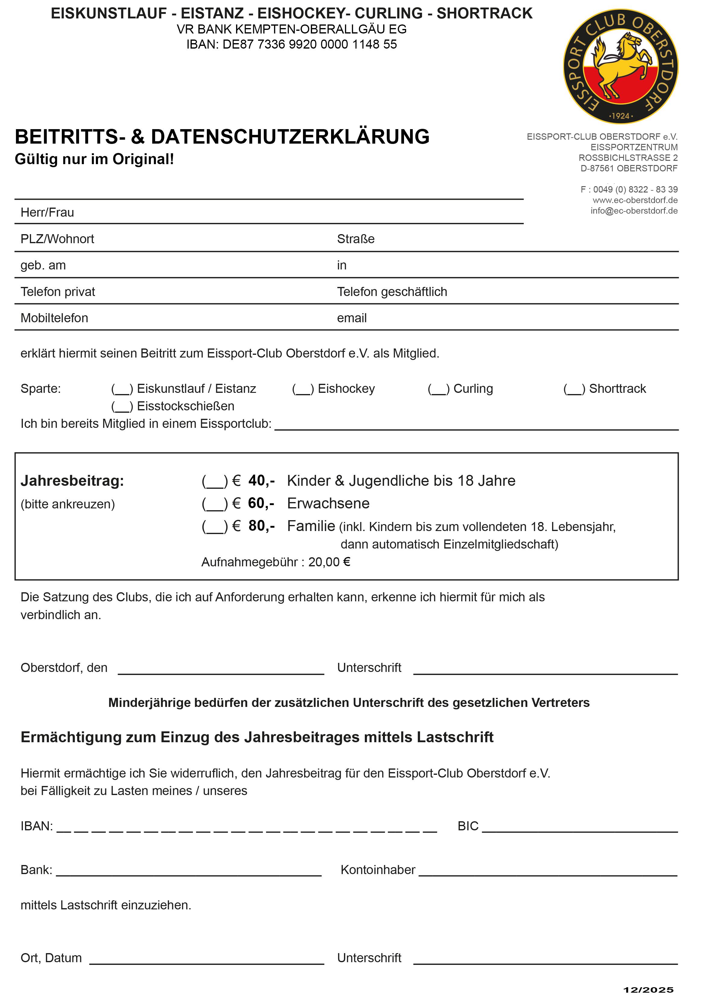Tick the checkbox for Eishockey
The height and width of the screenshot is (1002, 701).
[303, 389]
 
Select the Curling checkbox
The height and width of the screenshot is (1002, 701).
[438, 389]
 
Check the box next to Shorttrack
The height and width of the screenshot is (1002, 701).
[574, 389]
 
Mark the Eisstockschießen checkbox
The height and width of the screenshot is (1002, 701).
[122, 406]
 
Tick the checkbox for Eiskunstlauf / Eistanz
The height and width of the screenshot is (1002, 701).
[122, 389]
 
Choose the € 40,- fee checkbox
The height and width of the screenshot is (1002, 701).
[215, 481]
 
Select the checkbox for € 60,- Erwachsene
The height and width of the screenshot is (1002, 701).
[215, 504]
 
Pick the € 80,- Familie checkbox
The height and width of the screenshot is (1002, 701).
[215, 526]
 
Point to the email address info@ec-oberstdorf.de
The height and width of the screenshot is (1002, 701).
[634, 211]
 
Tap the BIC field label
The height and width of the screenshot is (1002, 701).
[468, 826]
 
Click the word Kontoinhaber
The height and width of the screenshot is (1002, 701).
[378, 870]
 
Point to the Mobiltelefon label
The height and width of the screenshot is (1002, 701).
[54, 318]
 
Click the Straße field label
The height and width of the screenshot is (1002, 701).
[355, 239]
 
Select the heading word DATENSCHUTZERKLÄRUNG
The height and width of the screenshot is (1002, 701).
[290, 137]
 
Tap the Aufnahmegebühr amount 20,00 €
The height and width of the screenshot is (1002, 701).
[329, 562]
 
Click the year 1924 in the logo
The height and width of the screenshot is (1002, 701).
[621, 116]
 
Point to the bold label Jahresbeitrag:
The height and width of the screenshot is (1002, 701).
[72, 481]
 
